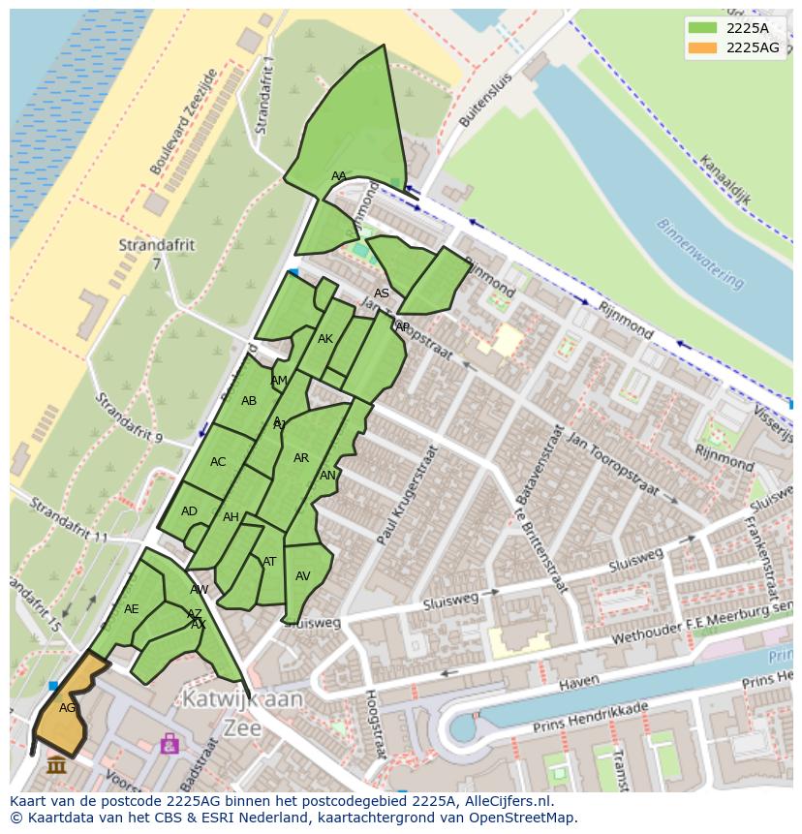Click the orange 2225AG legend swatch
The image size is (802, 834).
703,47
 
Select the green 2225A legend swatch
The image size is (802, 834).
703,28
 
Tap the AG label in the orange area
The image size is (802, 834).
67,708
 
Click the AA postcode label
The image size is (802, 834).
338,176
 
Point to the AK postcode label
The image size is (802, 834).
325,339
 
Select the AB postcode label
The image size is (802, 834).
249,401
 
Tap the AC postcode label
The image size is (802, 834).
218,462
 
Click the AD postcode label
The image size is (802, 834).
189,511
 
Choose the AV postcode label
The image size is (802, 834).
302,576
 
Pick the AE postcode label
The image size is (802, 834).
132,609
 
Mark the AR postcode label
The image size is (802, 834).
301,458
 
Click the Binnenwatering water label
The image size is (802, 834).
700,253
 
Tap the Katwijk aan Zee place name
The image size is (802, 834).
243,712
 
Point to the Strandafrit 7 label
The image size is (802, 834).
156,254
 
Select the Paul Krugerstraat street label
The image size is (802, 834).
407,494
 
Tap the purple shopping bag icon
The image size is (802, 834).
170,744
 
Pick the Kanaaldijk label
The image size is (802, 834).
725,183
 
